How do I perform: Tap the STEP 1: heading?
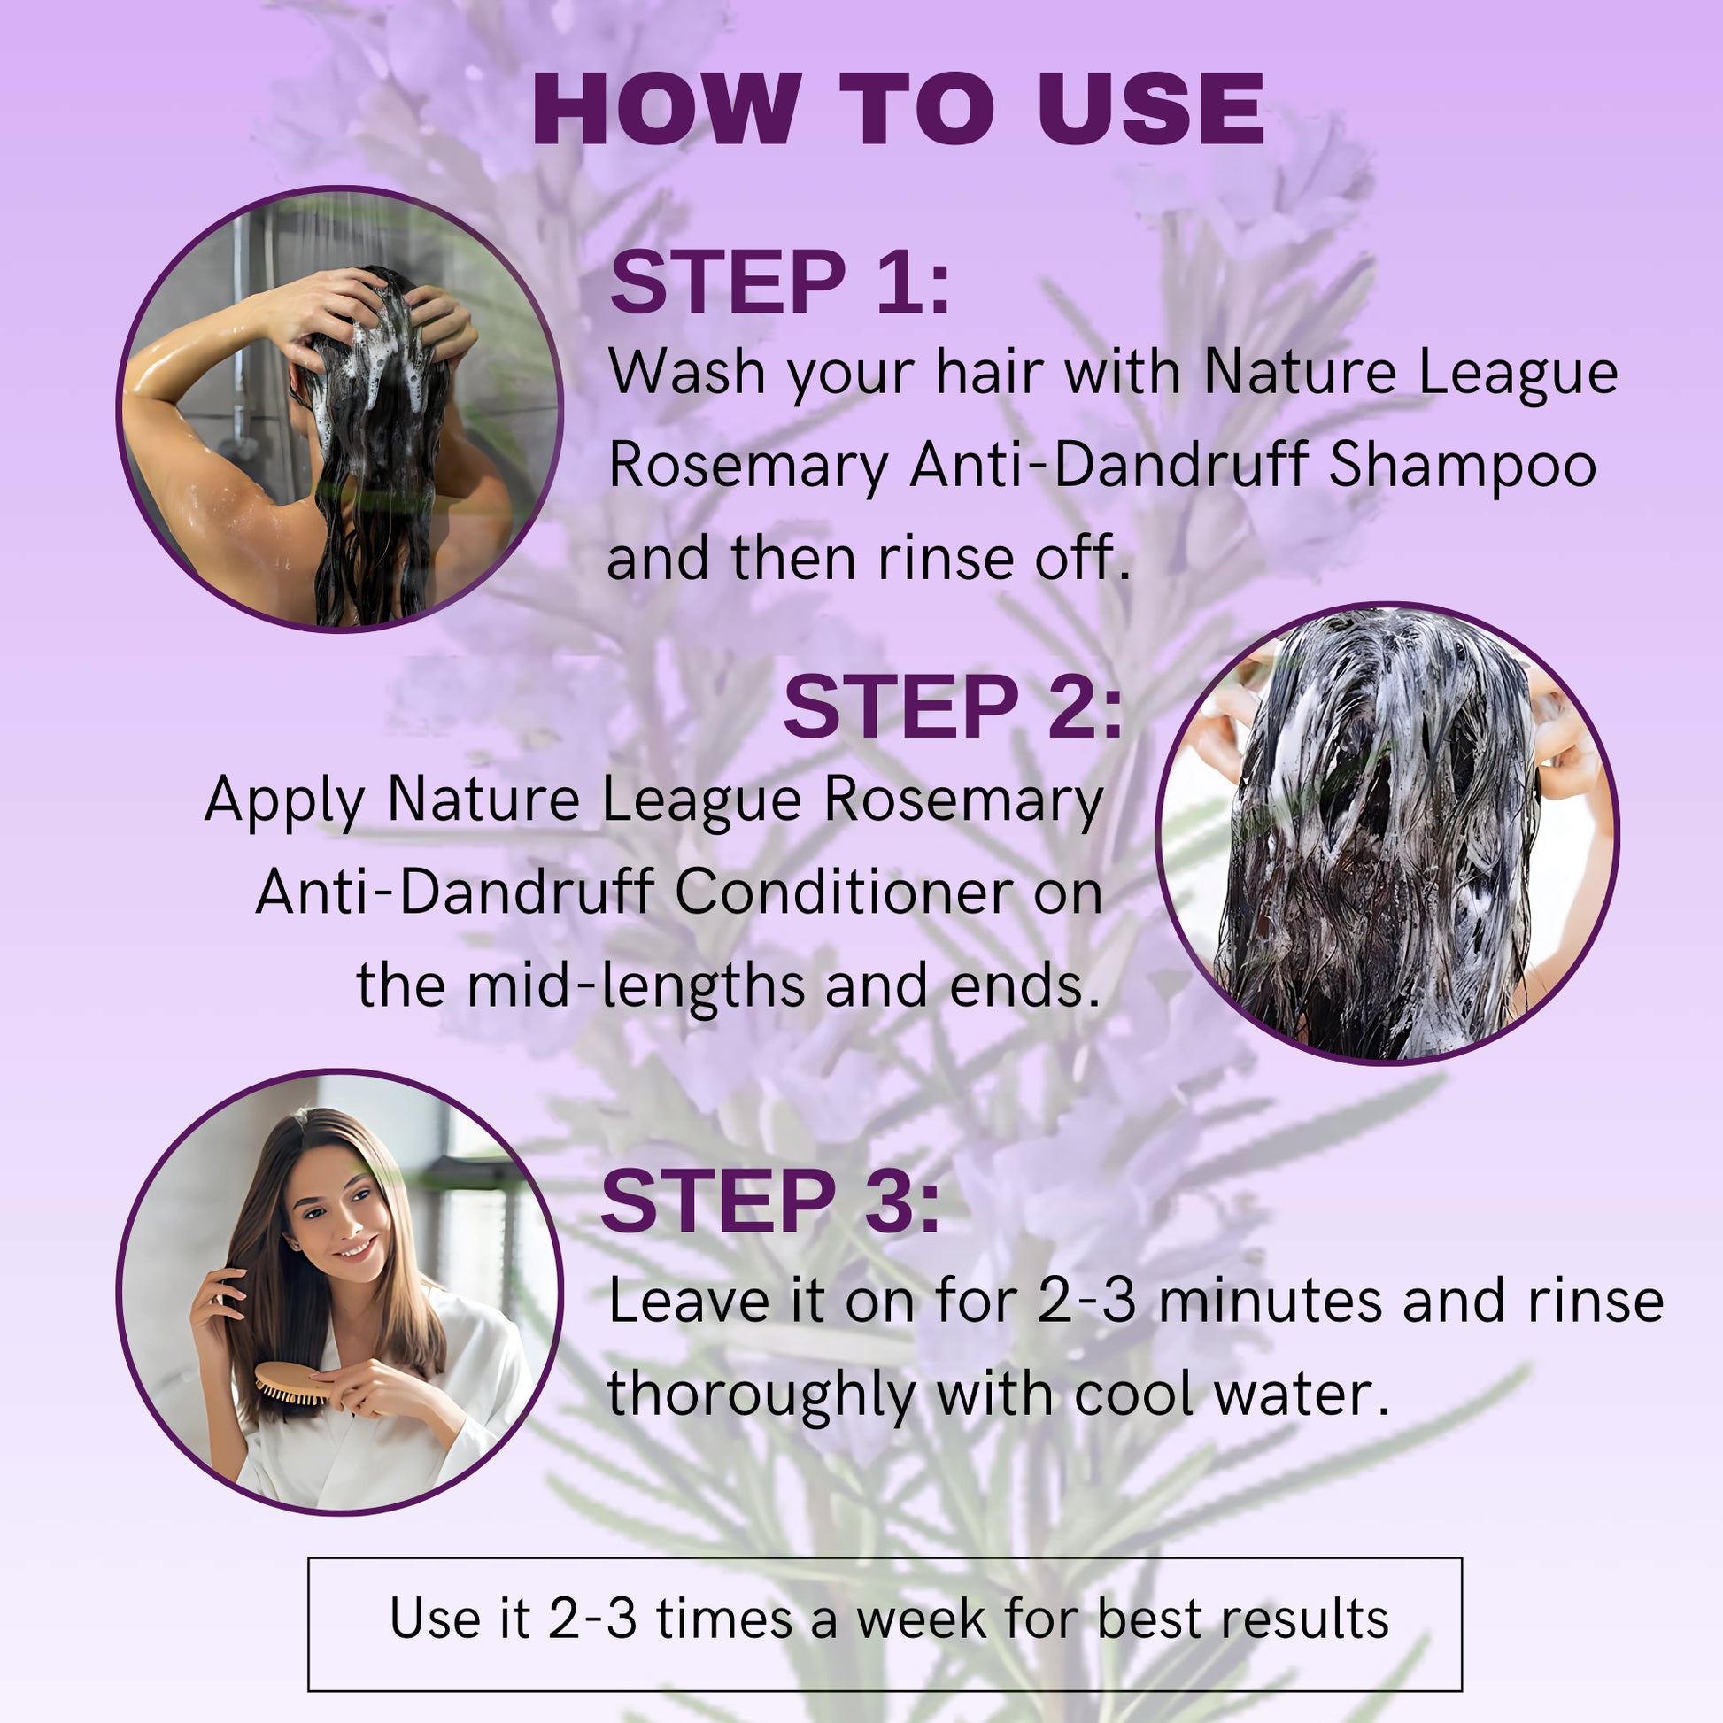click(x=779, y=282)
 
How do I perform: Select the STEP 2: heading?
click(x=952, y=707)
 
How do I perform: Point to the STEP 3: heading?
click(x=770, y=1201)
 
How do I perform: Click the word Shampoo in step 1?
click(x=1463, y=466)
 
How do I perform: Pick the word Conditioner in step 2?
click(x=844, y=892)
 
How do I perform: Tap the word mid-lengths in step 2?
click(x=637, y=985)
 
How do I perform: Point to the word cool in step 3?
click(x=1133, y=1394)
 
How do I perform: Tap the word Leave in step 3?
click(x=689, y=1302)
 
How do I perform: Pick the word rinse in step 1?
click(x=946, y=559)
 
